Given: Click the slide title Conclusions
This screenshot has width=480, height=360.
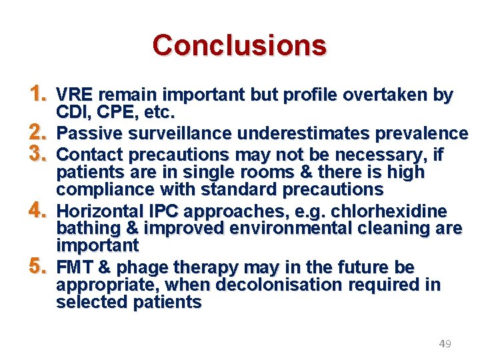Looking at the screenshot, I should coord(239,45).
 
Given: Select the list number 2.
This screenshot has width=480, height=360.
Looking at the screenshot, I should coord(37,133).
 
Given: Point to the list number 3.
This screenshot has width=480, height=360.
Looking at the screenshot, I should coord(37,153).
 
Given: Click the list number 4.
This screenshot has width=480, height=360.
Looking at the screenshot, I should coord(37,211).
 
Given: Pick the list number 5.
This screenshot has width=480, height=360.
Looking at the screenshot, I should coord(37,267).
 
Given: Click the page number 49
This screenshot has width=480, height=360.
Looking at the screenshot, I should coord(445,344).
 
